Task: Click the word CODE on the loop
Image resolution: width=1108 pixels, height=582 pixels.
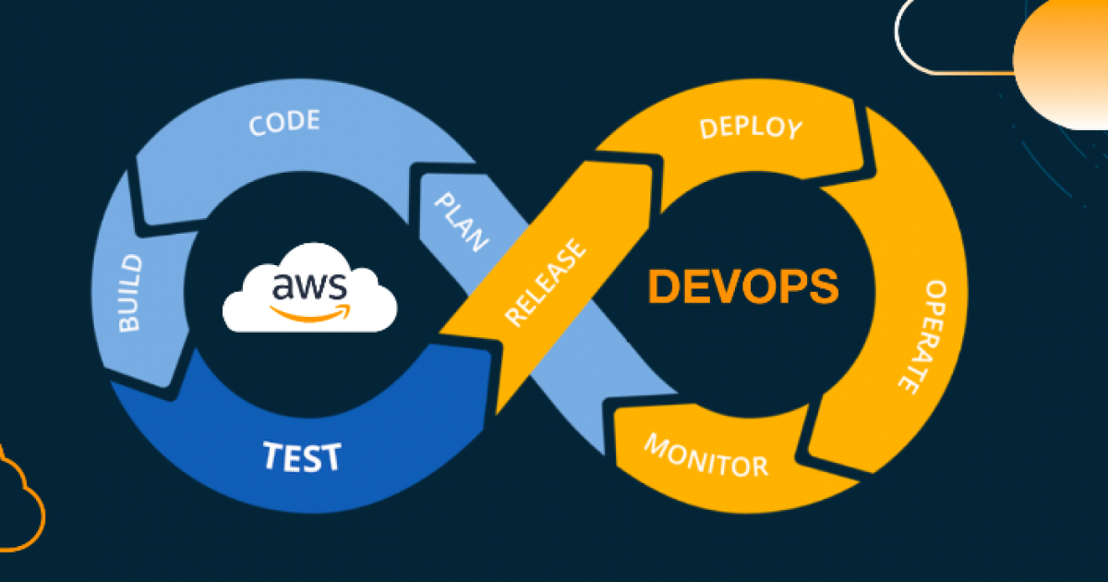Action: pyautogui.click(x=284, y=123)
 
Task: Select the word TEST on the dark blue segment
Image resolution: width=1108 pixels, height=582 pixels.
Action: pyautogui.click(x=302, y=456)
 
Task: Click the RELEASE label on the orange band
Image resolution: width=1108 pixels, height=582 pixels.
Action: pyautogui.click(x=546, y=283)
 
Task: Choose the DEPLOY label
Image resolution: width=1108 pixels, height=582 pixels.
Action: pyautogui.click(x=751, y=127)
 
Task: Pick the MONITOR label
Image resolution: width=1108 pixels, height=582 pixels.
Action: pyautogui.click(x=705, y=455)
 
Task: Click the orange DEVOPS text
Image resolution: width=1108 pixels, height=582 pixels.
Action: pyautogui.click(x=743, y=287)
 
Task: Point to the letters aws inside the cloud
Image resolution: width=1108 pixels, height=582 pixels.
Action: pyautogui.click(x=309, y=288)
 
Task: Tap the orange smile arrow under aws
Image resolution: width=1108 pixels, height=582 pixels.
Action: pyautogui.click(x=312, y=311)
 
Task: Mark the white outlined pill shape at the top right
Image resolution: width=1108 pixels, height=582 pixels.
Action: pyautogui.click(x=951, y=37)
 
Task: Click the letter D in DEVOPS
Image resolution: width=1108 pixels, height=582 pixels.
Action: pyautogui.click(x=662, y=287)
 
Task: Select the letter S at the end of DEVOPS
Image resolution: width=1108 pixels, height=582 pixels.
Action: pyautogui.click(x=825, y=287)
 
